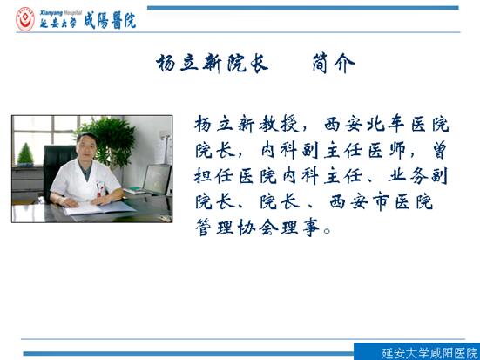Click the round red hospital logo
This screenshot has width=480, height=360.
pyautogui.click(x=25, y=20)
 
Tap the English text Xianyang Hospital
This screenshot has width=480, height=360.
pyautogui.click(x=61, y=13)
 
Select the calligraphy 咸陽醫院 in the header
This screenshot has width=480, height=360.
pyautogui.click(x=110, y=22)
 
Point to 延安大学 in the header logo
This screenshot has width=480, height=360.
pyautogui.click(x=58, y=24)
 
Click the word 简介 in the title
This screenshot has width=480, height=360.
pyautogui.click(x=334, y=64)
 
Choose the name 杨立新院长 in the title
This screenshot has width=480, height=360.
pyautogui.click(x=213, y=64)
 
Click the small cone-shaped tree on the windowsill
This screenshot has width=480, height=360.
pyautogui.click(x=25, y=154)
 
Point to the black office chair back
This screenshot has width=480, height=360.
pyautogui.click(x=58, y=168)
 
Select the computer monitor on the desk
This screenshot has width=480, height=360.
pyautogui.click(x=157, y=179)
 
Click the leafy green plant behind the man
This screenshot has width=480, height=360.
pyautogui.click(x=108, y=141)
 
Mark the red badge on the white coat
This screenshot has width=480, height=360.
pyautogui.click(x=99, y=195)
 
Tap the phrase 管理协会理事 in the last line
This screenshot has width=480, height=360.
pyautogui.click(x=258, y=228)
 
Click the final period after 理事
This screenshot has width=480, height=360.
pyautogui.click(x=327, y=231)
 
